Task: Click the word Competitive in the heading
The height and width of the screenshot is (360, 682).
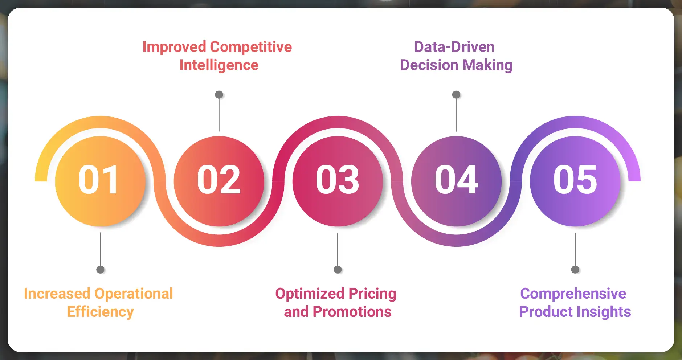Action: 251,47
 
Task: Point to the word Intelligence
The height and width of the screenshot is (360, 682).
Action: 219,65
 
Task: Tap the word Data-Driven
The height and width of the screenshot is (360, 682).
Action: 454,47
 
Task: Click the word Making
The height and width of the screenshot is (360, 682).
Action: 487,65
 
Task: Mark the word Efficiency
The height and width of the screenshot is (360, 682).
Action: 100,312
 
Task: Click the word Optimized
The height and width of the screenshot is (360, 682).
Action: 310,294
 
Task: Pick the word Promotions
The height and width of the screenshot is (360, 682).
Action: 352,312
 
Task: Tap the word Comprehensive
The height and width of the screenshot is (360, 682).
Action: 573,294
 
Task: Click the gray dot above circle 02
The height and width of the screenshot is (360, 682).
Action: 219,95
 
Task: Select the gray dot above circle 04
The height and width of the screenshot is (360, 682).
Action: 456,95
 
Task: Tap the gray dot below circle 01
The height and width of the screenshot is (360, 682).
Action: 100,270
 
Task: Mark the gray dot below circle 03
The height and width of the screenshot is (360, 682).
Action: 338,270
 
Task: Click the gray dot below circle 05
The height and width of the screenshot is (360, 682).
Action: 575,270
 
